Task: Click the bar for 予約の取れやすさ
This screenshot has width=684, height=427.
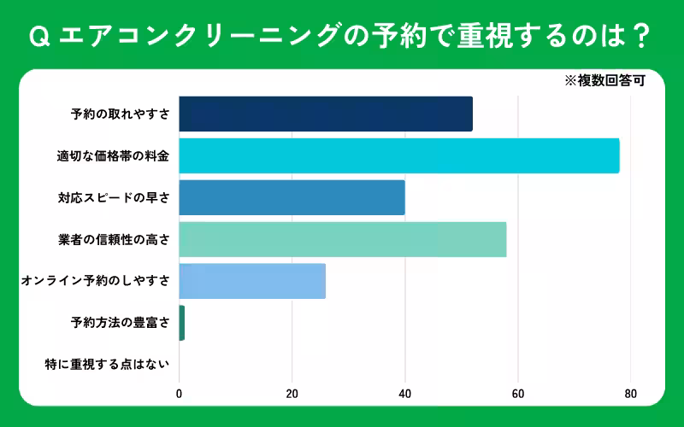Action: pos(326,114)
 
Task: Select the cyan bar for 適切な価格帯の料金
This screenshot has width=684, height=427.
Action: pos(399,155)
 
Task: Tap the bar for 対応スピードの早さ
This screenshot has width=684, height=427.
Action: pos(292,197)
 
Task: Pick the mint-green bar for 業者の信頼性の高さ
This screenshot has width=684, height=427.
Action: pos(343,239)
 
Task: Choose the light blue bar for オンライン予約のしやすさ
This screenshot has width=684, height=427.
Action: pos(252,281)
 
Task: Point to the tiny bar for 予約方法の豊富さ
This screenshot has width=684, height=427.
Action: pos(182,323)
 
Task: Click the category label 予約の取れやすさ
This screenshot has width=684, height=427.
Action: pos(120,114)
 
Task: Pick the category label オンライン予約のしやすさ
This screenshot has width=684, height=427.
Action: pos(95,281)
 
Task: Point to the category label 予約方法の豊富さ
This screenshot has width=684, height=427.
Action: pos(120,323)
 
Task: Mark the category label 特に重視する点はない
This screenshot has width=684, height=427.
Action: pos(107,365)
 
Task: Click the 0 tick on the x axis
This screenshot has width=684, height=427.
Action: pos(180,394)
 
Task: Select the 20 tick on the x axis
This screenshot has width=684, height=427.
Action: pos(292,394)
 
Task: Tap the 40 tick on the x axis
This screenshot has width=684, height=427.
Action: pos(405,394)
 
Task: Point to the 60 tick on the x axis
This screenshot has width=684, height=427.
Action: pos(518,394)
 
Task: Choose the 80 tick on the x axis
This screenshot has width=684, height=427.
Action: pos(631,394)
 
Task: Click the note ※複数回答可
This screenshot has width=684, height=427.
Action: pos(604,82)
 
